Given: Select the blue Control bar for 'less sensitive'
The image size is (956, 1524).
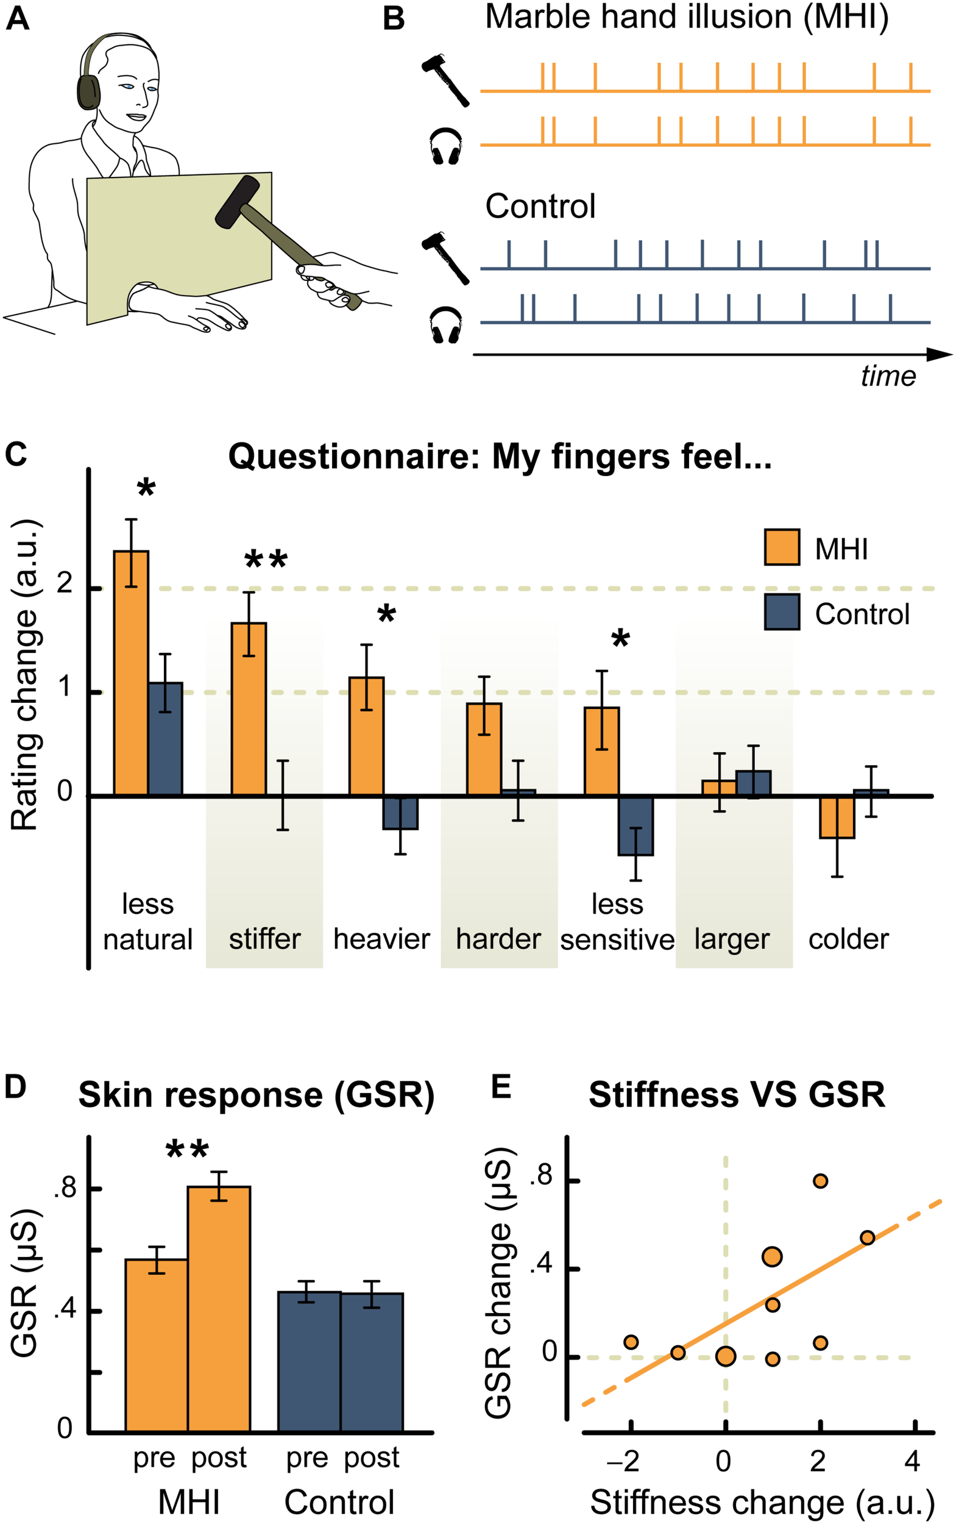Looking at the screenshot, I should tap(636, 825).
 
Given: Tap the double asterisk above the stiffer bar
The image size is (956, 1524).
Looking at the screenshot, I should tap(266, 559).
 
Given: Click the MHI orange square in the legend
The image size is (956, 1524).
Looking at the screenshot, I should tap(782, 547).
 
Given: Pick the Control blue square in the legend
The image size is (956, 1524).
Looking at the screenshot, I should tap(782, 612).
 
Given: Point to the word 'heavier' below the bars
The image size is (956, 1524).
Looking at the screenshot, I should tap(381, 939).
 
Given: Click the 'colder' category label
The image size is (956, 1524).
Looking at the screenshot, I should tap(849, 939).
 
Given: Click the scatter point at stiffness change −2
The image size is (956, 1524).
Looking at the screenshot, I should tap(631, 1342).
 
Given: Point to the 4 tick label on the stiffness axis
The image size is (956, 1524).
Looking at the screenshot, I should tap(912, 1461).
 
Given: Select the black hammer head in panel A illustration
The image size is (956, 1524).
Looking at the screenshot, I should tap(236, 202).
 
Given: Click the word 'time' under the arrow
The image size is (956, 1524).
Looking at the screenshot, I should tap(888, 376).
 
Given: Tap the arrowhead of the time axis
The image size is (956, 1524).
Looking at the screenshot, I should tap(940, 354).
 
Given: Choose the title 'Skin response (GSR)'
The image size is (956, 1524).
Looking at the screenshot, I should tap(256, 1095).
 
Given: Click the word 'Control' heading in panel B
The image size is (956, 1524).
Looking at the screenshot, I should tap(540, 206).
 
